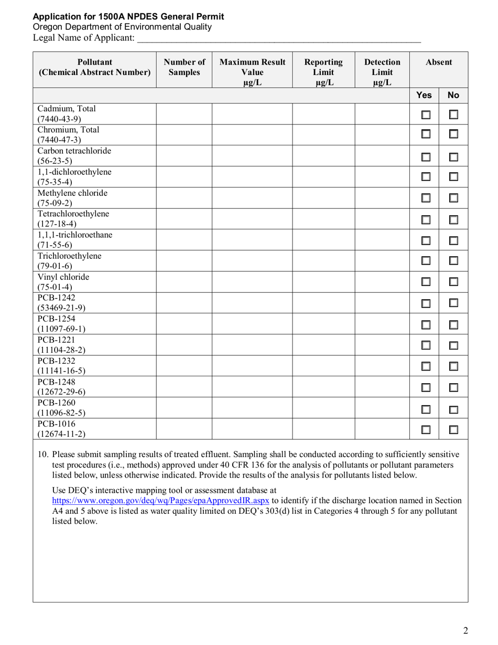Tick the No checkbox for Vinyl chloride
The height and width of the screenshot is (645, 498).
click(454, 282)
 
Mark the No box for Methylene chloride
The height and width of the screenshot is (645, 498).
click(454, 198)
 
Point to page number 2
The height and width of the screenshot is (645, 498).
click(465, 630)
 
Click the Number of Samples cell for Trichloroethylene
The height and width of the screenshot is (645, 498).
click(184, 261)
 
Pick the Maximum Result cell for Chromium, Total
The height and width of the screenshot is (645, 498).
click(252, 135)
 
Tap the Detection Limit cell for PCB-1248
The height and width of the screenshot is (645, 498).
click(382, 386)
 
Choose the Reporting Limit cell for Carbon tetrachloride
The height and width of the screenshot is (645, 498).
click(323, 156)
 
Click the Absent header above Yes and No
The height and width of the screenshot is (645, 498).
click(439, 62)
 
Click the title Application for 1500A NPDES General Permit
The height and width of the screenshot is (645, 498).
click(128, 17)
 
